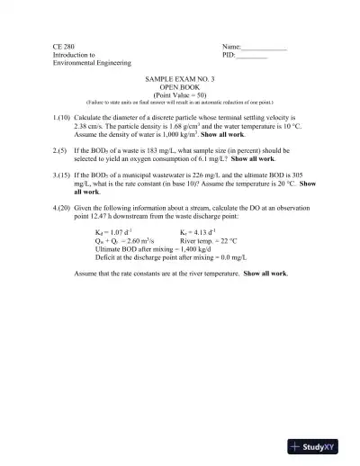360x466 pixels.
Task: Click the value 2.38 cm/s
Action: pyautogui.click(x=91, y=127)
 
